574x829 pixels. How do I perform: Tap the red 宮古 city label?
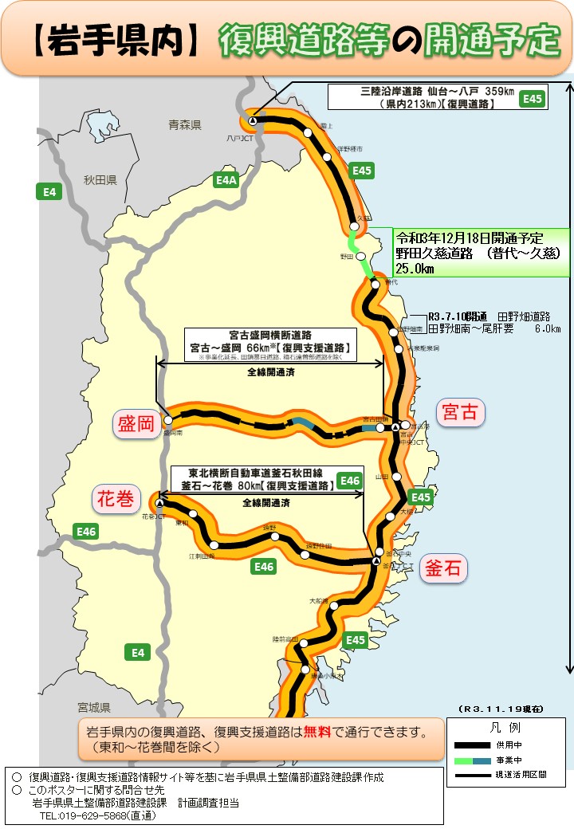[x=460, y=411]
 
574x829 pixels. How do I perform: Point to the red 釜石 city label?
[x=443, y=568]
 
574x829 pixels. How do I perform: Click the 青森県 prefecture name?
[x=185, y=125]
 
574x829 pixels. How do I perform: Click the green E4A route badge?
[x=227, y=181]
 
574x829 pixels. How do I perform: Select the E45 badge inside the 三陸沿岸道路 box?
[x=532, y=99]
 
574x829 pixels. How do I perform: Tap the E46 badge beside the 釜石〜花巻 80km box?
[x=350, y=481]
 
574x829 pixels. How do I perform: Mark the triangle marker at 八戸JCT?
[x=252, y=121]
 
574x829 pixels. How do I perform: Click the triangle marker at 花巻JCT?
[x=159, y=504]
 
